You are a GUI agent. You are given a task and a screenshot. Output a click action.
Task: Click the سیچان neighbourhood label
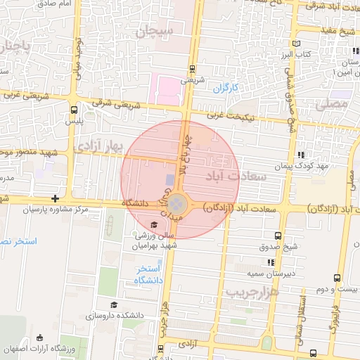156,31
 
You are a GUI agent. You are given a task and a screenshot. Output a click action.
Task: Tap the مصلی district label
331,104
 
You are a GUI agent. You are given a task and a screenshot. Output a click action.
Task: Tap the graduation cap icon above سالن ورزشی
154,225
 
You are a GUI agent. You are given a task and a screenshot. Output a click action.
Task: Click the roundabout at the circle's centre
179,205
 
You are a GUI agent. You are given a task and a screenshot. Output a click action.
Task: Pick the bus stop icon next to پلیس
75,110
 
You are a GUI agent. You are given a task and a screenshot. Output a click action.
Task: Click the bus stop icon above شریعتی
193,69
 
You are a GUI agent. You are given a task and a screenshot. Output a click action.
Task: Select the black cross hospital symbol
55,199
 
